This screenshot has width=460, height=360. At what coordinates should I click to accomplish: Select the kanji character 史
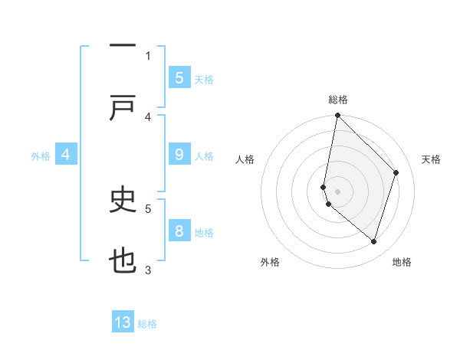pos(123,200)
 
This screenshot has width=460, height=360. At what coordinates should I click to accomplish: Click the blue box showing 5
pos(179,77)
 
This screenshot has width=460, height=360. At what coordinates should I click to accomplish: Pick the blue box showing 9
pos(179,155)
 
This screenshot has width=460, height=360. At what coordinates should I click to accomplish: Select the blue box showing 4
pos(66,155)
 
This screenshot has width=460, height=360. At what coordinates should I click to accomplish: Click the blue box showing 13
pos(123,322)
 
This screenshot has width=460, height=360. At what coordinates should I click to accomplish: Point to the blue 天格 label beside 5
pos(204,79)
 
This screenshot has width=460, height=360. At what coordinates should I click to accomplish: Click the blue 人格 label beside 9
pos(204,156)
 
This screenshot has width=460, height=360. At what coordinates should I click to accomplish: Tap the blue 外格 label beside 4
pos(41,156)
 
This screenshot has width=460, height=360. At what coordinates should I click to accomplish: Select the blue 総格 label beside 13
pos(147,324)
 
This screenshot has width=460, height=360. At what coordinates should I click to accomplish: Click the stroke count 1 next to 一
pos(148,55)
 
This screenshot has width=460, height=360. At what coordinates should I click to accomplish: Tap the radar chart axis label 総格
pos(337,100)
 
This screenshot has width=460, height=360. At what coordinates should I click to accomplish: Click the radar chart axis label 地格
pos(402,263)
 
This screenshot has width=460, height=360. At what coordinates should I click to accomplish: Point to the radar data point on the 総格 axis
pos(337,116)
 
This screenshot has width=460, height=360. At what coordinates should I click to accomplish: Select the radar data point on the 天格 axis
pos(396,172)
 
